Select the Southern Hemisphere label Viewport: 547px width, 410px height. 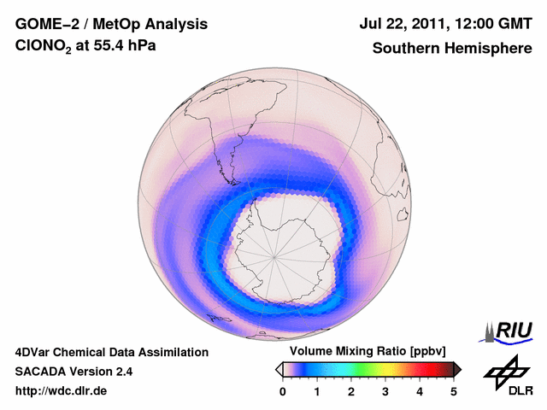click(x=451, y=48)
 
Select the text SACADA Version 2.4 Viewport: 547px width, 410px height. click(x=74, y=372)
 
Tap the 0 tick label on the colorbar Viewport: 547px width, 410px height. click(x=283, y=391)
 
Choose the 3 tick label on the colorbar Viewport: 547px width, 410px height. click(x=385, y=391)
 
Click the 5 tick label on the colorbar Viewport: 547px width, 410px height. click(x=453, y=391)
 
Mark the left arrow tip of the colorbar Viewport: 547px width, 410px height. click(x=278, y=369)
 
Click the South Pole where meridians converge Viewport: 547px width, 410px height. click(x=274, y=255)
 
